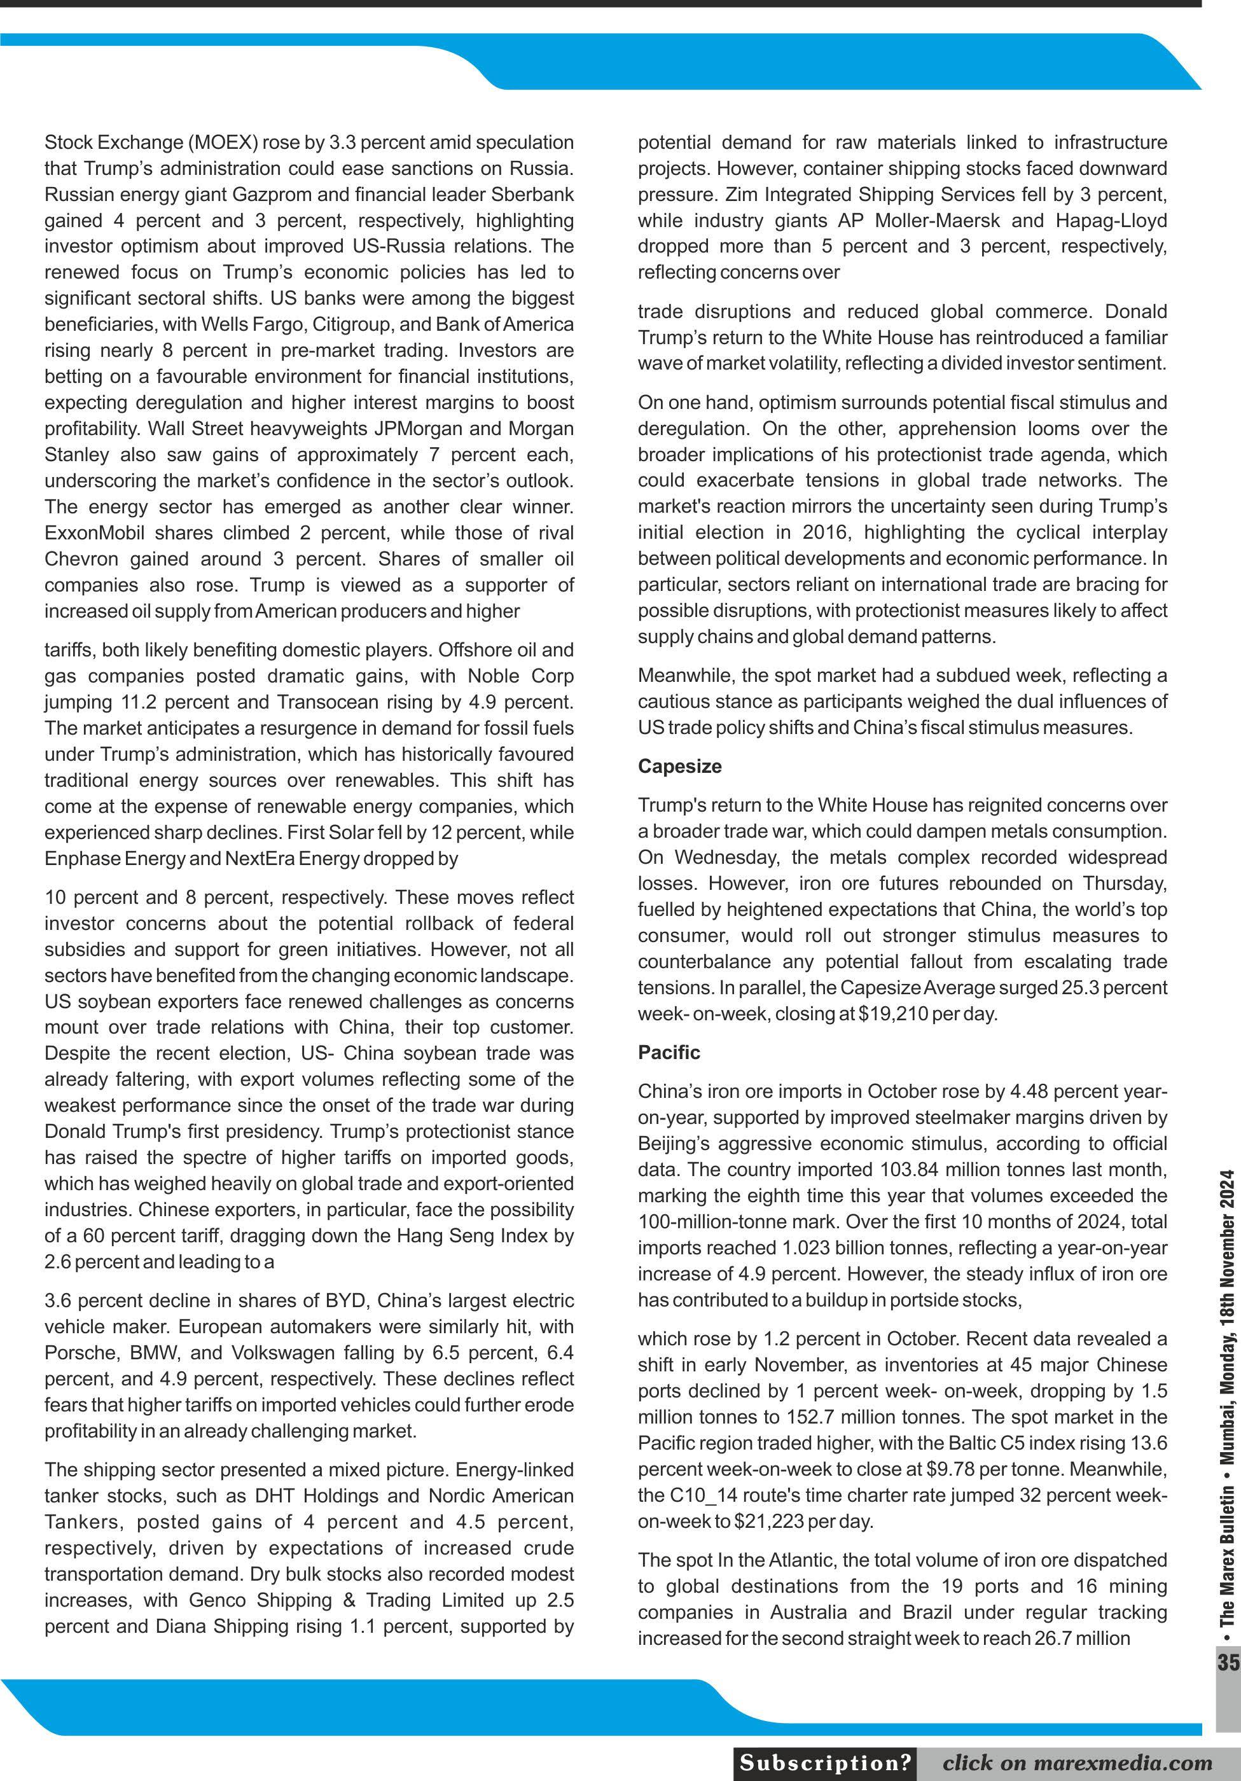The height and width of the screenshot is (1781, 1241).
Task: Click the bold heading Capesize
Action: pyautogui.click(x=679, y=766)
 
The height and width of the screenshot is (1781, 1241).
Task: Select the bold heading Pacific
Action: pyautogui.click(x=669, y=1053)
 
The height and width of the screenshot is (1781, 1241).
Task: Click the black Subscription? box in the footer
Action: pyautogui.click(x=825, y=1763)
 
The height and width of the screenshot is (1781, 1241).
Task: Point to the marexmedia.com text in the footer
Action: pyautogui.click(x=1135, y=1763)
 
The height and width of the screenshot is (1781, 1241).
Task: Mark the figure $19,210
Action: pyautogui.click(x=892, y=1014)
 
